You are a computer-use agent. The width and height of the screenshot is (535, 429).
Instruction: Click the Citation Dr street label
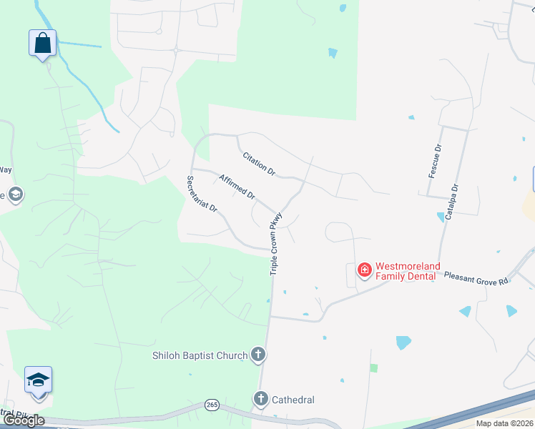(x=258, y=164)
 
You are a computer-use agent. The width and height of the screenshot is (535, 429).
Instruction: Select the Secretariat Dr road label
(x=202, y=193)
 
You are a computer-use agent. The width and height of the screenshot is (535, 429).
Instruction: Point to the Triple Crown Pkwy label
(x=277, y=243)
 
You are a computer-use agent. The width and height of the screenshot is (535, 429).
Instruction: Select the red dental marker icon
(x=364, y=270)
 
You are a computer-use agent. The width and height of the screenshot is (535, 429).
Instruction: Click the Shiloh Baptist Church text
(x=200, y=355)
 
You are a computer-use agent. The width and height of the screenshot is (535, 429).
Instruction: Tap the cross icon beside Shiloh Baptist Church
(x=258, y=355)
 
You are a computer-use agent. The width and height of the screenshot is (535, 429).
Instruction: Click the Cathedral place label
(x=293, y=400)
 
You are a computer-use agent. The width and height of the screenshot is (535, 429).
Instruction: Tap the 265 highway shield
(x=212, y=405)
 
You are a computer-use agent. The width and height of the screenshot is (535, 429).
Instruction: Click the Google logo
(x=24, y=420)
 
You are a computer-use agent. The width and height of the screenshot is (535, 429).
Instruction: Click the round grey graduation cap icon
(x=15, y=194)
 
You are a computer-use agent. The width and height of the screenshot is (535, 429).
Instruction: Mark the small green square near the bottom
(x=373, y=368)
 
